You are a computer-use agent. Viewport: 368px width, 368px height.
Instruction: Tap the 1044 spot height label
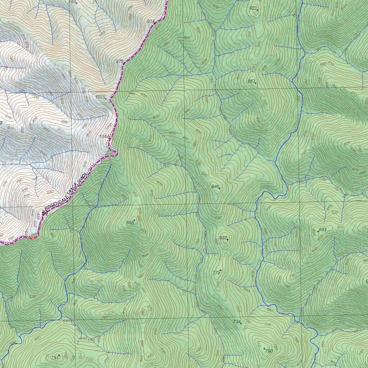[104, 137]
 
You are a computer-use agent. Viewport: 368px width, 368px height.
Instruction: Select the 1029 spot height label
[100, 97]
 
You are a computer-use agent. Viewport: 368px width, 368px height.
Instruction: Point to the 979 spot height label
[120, 61]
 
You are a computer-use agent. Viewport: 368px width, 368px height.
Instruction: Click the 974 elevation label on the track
[151, 22]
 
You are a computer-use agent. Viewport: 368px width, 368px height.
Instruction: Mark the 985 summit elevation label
[130, 223]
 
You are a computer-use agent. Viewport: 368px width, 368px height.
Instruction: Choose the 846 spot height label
[215, 187]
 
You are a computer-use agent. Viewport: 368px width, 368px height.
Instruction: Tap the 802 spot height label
[223, 238]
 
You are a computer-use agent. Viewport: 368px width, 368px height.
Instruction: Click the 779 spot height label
[216, 273]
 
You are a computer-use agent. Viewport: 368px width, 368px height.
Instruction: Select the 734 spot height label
[236, 322]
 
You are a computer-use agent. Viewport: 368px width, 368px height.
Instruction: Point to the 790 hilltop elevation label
[269, 351]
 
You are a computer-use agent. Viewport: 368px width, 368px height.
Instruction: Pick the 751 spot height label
[54, 358]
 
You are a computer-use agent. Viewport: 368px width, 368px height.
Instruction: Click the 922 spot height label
[253, 8]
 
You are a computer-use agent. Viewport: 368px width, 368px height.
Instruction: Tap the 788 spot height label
[72, 1]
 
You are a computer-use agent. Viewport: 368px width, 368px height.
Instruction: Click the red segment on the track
[32, 237]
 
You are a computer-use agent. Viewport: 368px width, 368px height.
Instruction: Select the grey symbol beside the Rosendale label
[44, 213]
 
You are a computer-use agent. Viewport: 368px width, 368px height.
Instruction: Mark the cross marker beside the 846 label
[219, 188]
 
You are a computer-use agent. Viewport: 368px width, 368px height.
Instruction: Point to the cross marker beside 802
[227, 239]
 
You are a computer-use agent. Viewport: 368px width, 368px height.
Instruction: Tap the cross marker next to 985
[134, 220]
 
